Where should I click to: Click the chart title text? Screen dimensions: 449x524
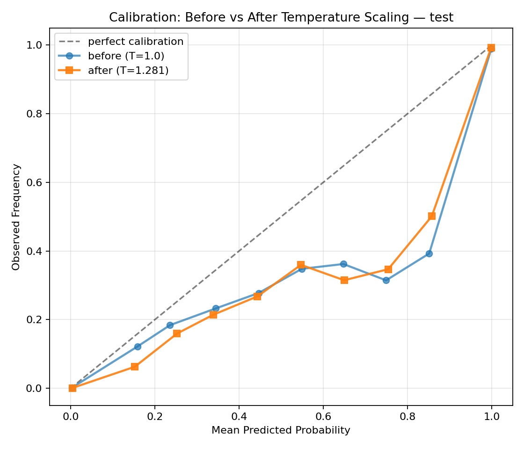tap(281, 18)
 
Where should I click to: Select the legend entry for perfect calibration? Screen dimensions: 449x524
tap(136, 41)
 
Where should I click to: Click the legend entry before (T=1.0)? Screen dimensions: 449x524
tap(126, 56)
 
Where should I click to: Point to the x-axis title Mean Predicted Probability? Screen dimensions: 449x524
tap(281, 430)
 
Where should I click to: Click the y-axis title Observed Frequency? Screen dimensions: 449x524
tap(16, 217)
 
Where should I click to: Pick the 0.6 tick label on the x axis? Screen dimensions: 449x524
tap(323, 415)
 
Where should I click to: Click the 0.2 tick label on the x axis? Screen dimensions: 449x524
tap(154, 415)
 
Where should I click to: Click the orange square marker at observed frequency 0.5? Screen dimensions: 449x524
tap(432, 216)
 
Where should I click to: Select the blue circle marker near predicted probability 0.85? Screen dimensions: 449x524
tap(429, 253)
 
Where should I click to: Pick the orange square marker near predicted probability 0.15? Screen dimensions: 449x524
tap(135, 367)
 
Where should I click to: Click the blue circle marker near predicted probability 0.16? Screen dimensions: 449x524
tap(138, 347)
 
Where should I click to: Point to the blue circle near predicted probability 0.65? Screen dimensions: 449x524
tap(343, 264)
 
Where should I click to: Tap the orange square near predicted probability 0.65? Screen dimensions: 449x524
tap(344, 280)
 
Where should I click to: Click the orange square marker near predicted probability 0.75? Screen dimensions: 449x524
tap(388, 269)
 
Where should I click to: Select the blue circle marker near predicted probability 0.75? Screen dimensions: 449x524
tap(386, 280)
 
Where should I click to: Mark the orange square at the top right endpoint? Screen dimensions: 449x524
tap(491, 48)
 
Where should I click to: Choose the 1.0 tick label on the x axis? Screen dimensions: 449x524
tap(491, 415)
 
